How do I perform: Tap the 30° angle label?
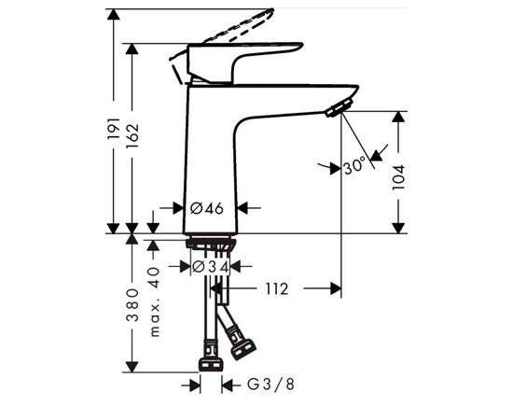pos(354,168)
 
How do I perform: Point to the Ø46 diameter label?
pos(207,208)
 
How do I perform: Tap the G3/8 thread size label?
pos(265,384)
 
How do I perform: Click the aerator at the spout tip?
pos(334,111)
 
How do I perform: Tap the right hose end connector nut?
pos(243,347)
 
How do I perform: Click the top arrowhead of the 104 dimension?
pos(398,118)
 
